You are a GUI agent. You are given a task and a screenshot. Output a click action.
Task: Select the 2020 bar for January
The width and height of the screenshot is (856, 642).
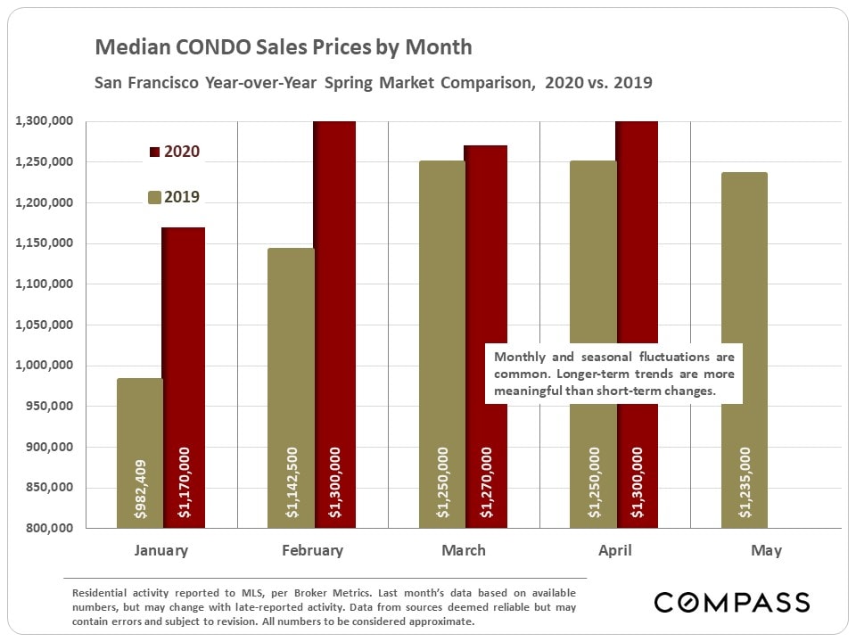pyautogui.click(x=183, y=374)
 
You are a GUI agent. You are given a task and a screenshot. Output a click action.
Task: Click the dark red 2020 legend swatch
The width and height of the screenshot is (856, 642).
pyautogui.click(x=153, y=152)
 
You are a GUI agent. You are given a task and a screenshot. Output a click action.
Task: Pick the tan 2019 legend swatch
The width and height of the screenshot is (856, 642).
pyautogui.click(x=153, y=198)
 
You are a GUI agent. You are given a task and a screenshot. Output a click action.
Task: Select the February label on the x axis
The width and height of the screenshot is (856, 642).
pyautogui.click(x=312, y=550)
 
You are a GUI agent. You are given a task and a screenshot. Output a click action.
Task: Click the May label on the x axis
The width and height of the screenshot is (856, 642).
pyautogui.click(x=766, y=550)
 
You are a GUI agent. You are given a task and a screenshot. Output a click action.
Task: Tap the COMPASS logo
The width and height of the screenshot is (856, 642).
pyautogui.click(x=732, y=602)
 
